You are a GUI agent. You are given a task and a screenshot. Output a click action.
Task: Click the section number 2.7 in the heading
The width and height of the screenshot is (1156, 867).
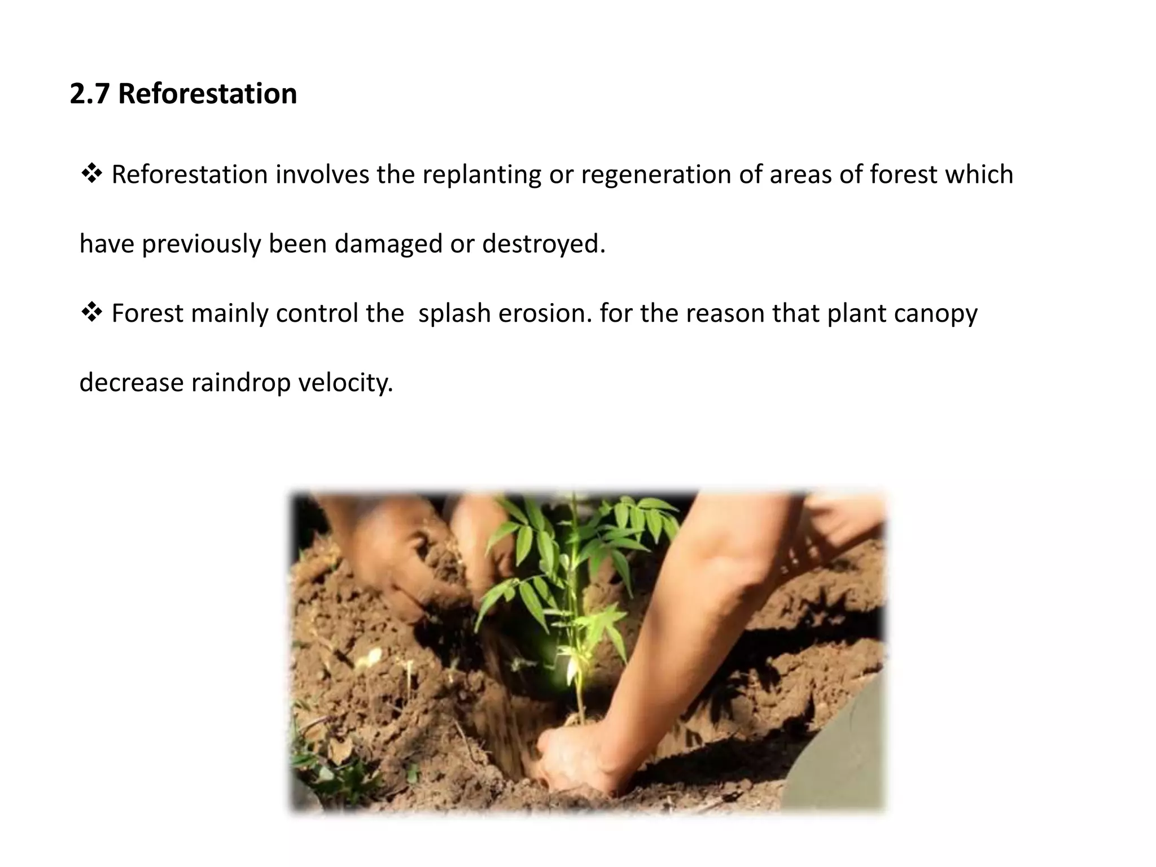coord(89,94)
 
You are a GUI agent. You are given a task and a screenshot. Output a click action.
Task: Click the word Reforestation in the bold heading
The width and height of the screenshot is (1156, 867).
coord(207,94)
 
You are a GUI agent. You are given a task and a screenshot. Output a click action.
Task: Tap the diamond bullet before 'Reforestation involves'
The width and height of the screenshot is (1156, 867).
coord(91,174)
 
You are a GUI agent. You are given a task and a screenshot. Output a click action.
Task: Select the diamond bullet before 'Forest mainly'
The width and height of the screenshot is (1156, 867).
coord(91,313)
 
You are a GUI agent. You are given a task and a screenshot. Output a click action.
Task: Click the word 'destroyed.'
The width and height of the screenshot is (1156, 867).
coord(544,244)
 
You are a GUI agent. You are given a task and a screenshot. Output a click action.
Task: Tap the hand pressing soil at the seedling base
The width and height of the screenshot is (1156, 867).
coord(573,754)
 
